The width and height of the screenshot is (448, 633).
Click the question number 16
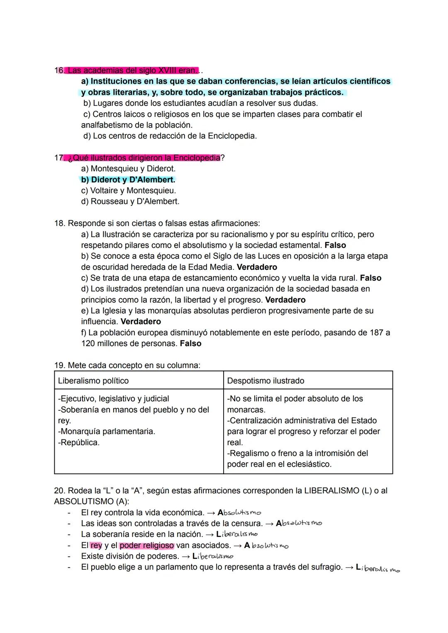pyautogui.click(x=58, y=70)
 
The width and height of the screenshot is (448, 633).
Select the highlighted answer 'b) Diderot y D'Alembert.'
pyautogui.click(x=128, y=180)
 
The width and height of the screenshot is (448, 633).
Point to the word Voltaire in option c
pyautogui.click(x=106, y=191)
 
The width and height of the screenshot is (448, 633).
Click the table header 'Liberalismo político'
pyautogui.click(x=93, y=381)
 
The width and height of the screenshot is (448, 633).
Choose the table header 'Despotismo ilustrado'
pyautogui.click(x=265, y=381)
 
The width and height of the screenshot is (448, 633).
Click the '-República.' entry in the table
pyautogui.click(x=79, y=442)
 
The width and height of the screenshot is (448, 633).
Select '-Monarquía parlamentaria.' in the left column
pyautogui.click(x=107, y=432)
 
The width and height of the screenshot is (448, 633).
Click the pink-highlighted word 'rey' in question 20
pyautogui.click(x=96, y=546)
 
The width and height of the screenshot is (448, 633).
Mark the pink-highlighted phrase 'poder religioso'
pyautogui.click(x=147, y=546)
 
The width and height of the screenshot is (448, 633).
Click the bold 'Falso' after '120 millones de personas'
pyautogui.click(x=190, y=344)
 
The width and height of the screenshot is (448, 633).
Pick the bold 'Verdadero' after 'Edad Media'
pyautogui.click(x=257, y=267)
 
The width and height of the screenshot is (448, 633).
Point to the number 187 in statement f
pyautogui.click(x=376, y=333)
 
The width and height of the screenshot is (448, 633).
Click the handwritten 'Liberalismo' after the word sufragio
pyautogui.click(x=378, y=568)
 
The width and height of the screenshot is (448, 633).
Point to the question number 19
pyautogui.click(x=58, y=366)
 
